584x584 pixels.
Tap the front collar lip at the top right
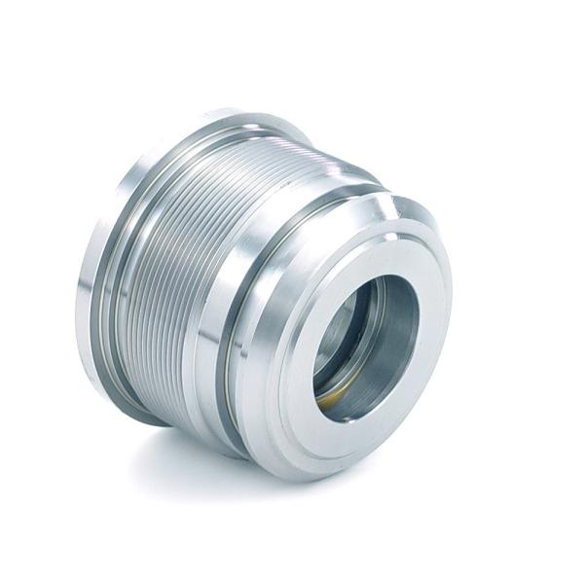pos(404,209)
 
